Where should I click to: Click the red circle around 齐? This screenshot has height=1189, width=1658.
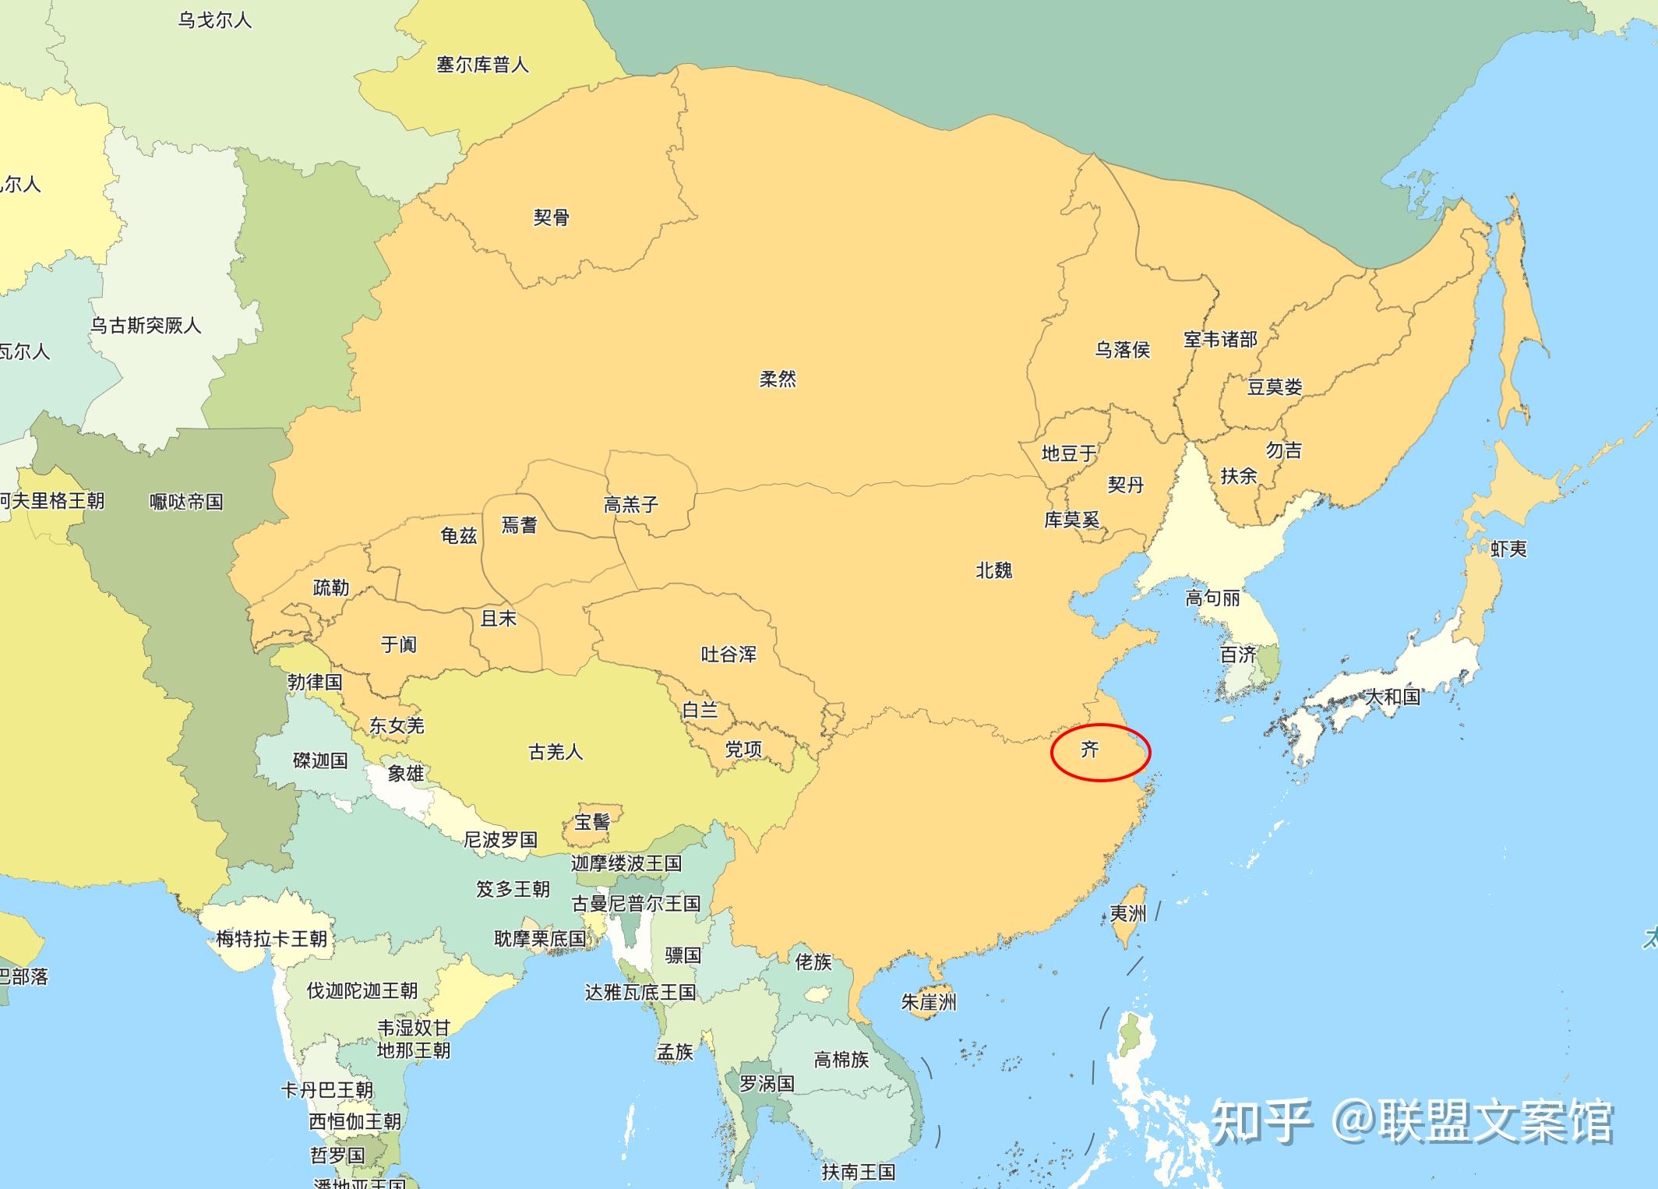point(1099,752)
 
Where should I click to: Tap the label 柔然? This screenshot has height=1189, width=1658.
point(778,379)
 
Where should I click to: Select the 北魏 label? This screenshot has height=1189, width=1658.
point(993,570)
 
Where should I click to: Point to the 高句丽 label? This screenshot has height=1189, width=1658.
point(1212,598)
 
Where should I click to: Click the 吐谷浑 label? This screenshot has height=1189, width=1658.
point(728,654)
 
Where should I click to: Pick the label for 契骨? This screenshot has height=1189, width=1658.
point(551,217)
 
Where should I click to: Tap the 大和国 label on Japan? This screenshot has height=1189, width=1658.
point(1392,696)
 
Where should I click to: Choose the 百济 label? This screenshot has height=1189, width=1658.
point(1238,654)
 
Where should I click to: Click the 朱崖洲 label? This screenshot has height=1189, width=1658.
point(928,1002)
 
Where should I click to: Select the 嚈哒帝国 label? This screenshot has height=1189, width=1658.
point(186,501)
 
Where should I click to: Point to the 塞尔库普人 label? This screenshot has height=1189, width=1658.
point(482,64)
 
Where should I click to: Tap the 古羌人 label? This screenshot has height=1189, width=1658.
point(555,751)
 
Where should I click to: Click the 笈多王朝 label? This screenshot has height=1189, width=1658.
point(513,888)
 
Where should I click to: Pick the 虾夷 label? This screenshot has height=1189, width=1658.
point(1508,549)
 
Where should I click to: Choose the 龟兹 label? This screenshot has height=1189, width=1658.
point(458,535)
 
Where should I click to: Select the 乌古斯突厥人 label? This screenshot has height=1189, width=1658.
point(146,325)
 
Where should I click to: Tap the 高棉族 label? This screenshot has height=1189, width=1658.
point(841,1059)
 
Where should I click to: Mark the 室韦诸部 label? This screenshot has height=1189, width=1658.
point(1220,339)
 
